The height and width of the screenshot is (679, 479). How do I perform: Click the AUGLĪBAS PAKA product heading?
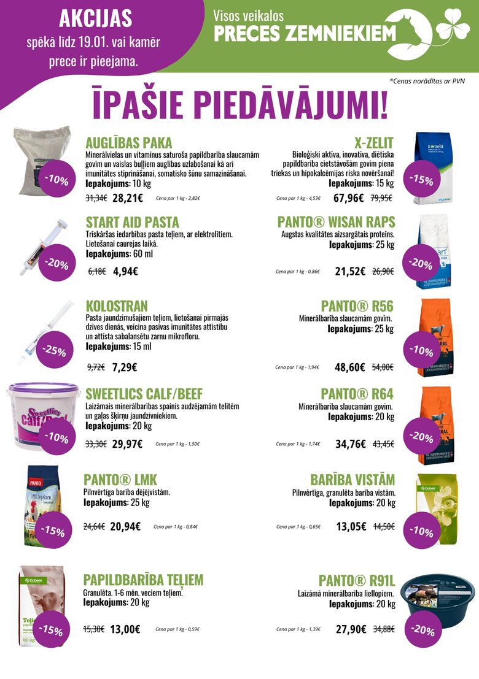pos(128,143)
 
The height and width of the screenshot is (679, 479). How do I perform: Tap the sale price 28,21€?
pos(128,198)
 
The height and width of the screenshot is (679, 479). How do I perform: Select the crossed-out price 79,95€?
pos(381,198)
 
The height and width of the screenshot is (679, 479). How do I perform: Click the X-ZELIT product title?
pos(373,143)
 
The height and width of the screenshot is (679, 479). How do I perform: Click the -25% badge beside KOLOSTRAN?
pos(54,351)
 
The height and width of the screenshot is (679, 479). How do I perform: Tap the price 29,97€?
pos(127,443)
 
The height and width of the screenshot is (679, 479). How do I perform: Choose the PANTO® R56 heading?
pos(357,305)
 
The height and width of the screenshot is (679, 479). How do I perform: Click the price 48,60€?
pos(350,367)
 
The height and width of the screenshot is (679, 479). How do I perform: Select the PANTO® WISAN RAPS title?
pos(336,221)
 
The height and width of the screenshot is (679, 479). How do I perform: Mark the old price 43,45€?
pos(383,443)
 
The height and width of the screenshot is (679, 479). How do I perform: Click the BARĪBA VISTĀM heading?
pos(352,479)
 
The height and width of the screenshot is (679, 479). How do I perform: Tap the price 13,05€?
pos(351,526)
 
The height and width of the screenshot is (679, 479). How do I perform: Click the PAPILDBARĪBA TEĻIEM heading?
pos(143,580)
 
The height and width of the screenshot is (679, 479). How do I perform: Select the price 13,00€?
pos(125,629)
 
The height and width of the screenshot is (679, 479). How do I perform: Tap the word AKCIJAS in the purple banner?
pos(95,19)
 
